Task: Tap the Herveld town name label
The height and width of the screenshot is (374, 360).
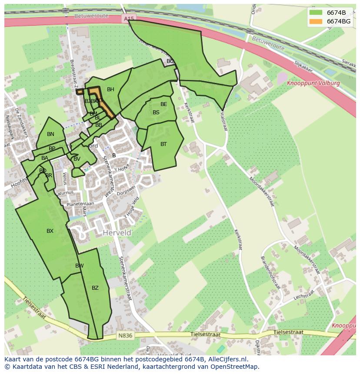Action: click(117, 233)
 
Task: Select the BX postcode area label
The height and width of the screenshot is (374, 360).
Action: click(50, 231)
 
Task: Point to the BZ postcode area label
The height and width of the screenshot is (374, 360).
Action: click(95, 288)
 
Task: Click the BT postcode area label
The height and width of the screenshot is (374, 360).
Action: click(163, 144)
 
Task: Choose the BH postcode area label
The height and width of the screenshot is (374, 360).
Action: click(110, 89)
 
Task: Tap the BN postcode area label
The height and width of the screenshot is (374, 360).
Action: click(50, 134)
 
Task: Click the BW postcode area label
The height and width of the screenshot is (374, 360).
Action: click(79, 266)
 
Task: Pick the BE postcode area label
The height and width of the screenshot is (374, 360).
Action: click(163, 104)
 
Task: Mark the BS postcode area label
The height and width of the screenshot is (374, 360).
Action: click(156, 113)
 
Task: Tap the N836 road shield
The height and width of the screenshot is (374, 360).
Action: click(123, 336)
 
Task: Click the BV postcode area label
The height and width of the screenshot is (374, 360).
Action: click(77, 159)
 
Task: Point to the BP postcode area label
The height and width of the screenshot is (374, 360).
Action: click(52, 149)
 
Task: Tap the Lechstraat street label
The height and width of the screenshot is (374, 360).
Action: click(303, 296)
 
